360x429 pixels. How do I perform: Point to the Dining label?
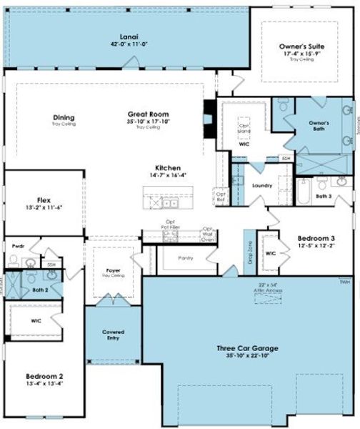(x=64, y=118)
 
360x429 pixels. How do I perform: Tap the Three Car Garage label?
(x=247, y=348)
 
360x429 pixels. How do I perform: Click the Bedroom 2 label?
(x=44, y=376)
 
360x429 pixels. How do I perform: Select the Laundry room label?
(x=262, y=185)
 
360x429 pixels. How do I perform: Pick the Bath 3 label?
(x=325, y=195)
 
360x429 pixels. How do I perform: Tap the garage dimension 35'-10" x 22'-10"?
(x=247, y=356)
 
